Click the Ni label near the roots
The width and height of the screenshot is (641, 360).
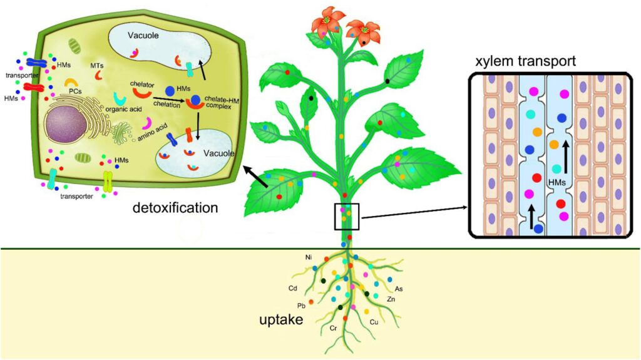click(309, 257)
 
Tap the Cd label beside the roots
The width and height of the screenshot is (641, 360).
click(292, 289)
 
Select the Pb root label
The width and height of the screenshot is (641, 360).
click(301, 306)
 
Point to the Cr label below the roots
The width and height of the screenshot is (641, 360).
click(334, 328)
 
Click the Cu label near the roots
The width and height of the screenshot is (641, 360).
click(374, 322)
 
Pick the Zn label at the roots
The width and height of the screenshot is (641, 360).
click(391, 300)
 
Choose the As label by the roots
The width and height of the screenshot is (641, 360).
click(399, 289)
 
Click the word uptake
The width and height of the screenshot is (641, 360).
click(281, 321)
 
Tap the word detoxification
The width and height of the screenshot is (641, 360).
click(175, 207)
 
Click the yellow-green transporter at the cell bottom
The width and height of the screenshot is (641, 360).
click(107, 181)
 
